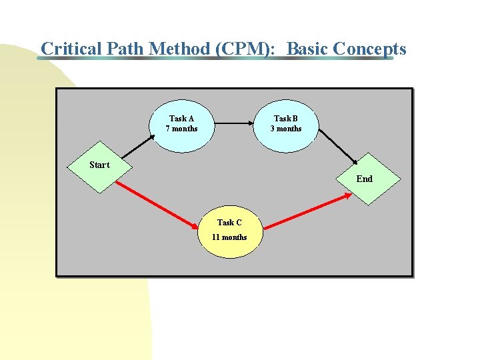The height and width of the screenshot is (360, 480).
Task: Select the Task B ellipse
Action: point(286,123)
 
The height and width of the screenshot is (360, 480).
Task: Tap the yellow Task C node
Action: point(229,231)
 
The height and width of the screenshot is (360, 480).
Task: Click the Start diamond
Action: point(99,166)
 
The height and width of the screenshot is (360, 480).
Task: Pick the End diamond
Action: point(365,179)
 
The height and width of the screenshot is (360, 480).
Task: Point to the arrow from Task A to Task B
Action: point(235,123)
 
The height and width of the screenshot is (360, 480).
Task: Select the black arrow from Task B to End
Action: point(339,146)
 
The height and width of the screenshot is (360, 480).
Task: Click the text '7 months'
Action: point(182,129)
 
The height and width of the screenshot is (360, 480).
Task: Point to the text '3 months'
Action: point(286,129)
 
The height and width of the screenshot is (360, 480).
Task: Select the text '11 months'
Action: point(229,237)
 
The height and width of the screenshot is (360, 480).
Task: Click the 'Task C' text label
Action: point(229,223)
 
